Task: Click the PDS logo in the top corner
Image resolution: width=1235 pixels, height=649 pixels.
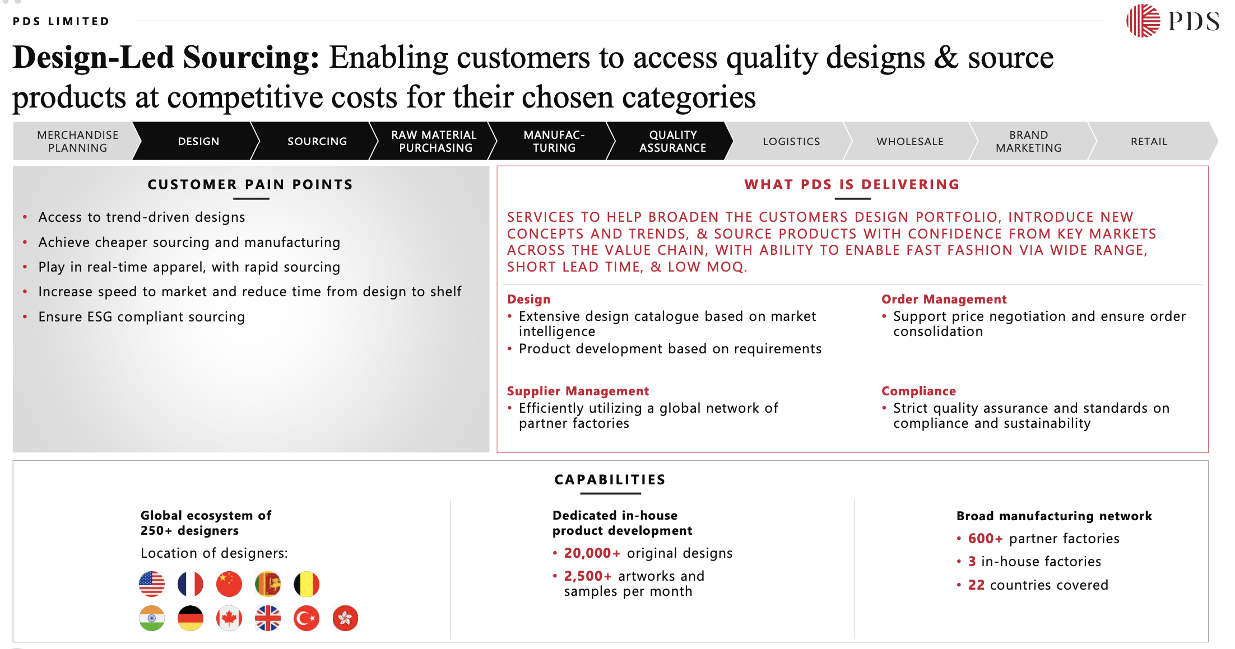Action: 1172,21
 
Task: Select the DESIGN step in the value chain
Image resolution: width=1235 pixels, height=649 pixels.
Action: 198,141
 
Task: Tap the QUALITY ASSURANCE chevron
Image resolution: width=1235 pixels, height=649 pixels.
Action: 672,141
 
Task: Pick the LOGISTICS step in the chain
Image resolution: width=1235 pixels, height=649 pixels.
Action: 791,141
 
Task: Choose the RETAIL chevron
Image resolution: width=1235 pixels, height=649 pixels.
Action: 1149,141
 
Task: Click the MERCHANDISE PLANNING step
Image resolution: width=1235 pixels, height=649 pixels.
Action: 77,141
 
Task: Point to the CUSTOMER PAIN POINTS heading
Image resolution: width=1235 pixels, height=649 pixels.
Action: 250,184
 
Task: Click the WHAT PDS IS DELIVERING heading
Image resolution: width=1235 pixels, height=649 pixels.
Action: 852,184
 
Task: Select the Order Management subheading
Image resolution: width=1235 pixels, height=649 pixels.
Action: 944,299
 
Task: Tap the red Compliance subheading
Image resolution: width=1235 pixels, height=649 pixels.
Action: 918,391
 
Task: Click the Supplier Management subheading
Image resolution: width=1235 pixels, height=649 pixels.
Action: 578,391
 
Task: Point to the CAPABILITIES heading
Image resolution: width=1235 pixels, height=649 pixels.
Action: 610,479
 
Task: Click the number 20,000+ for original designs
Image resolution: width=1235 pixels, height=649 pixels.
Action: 592,553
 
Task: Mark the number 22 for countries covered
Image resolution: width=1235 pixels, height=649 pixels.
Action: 976,585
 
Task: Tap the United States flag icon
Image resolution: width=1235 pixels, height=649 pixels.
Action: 152,584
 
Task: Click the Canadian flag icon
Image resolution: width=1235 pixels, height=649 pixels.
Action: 229,618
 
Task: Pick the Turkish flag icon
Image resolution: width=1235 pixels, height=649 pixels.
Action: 307,618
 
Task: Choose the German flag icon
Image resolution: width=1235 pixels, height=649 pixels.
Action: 191,618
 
